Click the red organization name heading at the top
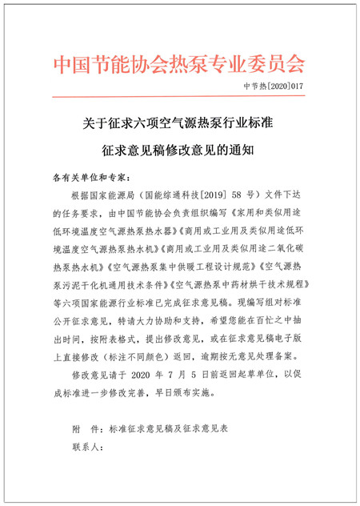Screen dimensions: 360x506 (x=179, y=63)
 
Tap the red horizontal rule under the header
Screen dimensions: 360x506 (x=179, y=98)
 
